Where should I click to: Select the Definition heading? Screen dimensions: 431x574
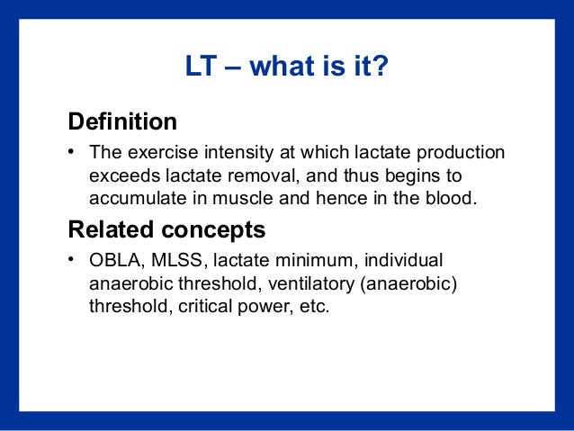point(122,121)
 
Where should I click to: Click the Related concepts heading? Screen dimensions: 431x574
point(166,229)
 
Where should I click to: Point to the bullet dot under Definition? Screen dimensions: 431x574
point(70,152)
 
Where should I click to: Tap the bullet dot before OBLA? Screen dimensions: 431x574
point(70,261)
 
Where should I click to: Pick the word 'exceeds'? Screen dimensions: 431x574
point(121,175)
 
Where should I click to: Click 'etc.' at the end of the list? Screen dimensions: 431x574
point(315,306)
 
